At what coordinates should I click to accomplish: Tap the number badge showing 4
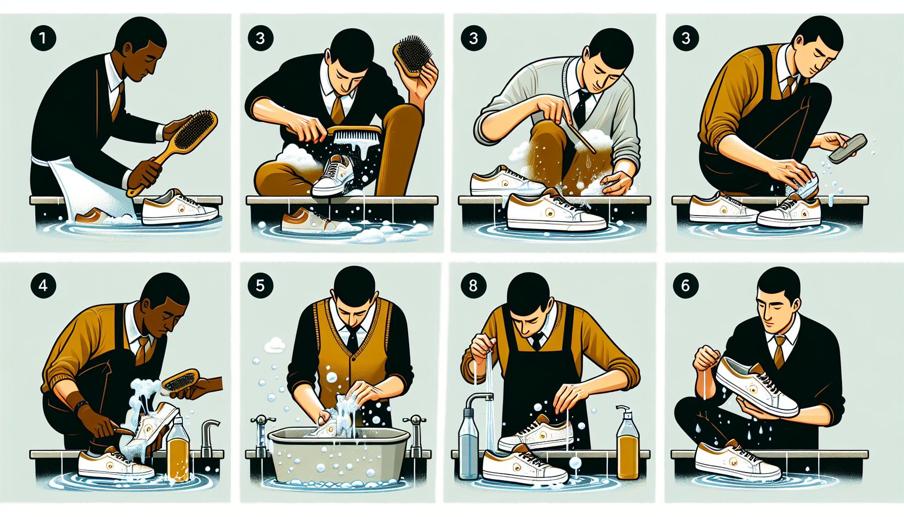point(43,285)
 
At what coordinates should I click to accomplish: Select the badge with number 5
point(259,286)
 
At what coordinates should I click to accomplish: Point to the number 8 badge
point(473,285)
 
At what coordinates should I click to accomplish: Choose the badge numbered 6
point(685,285)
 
